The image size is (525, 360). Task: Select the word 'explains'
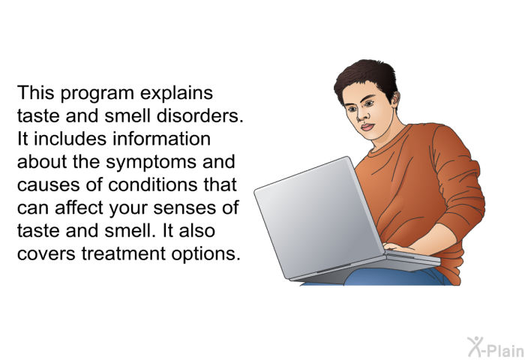(x=176, y=93)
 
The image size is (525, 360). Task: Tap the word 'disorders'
(x=198, y=115)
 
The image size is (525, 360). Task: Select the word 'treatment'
(x=123, y=253)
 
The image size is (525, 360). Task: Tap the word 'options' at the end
(x=204, y=254)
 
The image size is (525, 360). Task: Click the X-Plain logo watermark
(x=496, y=346)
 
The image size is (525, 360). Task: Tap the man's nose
(x=361, y=115)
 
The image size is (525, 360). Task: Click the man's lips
(x=367, y=127)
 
